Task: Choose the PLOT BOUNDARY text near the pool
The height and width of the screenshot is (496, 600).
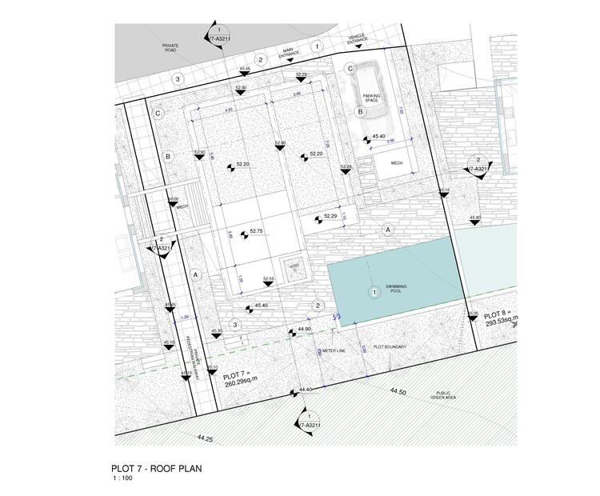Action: pyautogui.click(x=391, y=347)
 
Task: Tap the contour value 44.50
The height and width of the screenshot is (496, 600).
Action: pyautogui.click(x=398, y=392)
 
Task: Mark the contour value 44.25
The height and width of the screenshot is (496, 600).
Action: pyautogui.click(x=204, y=438)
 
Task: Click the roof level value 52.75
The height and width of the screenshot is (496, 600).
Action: pyautogui.click(x=256, y=231)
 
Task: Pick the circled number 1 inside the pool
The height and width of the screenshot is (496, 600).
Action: pyautogui.click(x=372, y=293)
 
